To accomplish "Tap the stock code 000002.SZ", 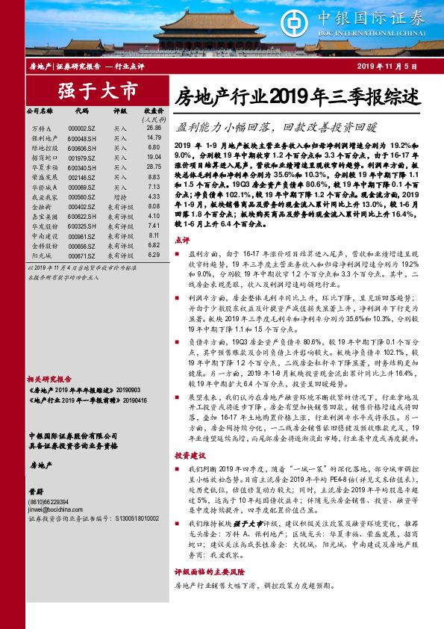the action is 81,128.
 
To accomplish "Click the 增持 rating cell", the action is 120,196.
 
